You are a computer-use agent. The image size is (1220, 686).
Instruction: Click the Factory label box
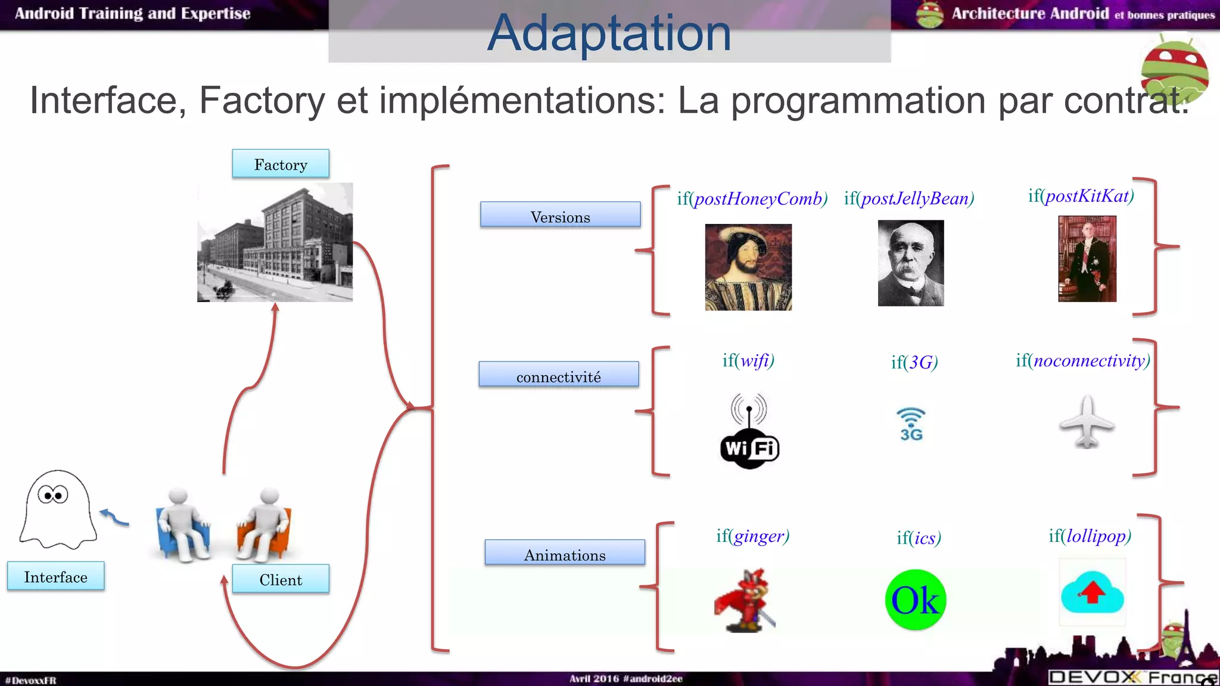tap(281, 164)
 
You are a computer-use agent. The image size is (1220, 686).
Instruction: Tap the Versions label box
tap(560, 215)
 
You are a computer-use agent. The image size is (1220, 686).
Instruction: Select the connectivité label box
tap(558, 375)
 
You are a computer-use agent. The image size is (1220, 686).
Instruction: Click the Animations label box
tap(564, 553)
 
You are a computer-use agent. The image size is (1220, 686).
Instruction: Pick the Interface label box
tap(55, 576)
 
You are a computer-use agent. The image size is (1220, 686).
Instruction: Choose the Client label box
tap(281, 579)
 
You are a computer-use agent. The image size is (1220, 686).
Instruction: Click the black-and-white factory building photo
tap(275, 242)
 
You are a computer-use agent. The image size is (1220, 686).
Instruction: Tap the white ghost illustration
tap(57, 509)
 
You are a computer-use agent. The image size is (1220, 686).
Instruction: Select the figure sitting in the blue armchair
tap(183, 525)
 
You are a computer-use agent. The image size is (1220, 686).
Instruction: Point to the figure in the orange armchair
tap(264, 525)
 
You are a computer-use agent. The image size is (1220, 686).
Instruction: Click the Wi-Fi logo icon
tap(749, 432)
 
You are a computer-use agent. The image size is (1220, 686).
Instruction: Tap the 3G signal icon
tap(911, 424)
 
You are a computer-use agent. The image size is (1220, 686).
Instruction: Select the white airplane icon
tap(1087, 422)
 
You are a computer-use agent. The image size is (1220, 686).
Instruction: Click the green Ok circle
tap(915, 600)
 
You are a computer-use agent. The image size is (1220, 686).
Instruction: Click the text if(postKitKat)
tap(1081, 196)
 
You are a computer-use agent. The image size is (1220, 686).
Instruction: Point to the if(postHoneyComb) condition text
tap(752, 198)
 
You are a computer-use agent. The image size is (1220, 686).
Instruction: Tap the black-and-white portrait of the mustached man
tap(910, 263)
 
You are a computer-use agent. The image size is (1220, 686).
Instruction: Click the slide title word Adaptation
tap(609, 33)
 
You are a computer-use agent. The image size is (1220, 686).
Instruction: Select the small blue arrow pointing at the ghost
tap(114, 517)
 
